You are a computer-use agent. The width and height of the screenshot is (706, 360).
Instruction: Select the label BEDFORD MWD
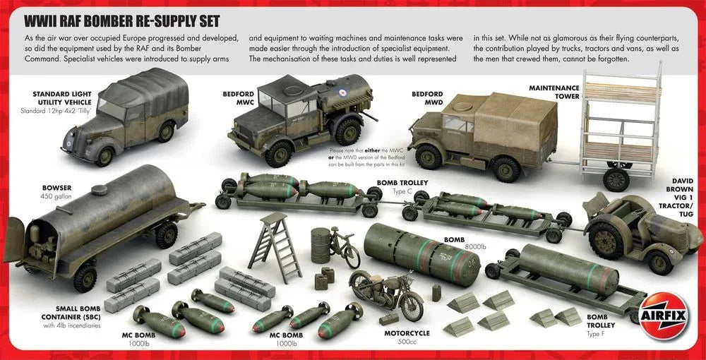(x=427, y=97)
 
